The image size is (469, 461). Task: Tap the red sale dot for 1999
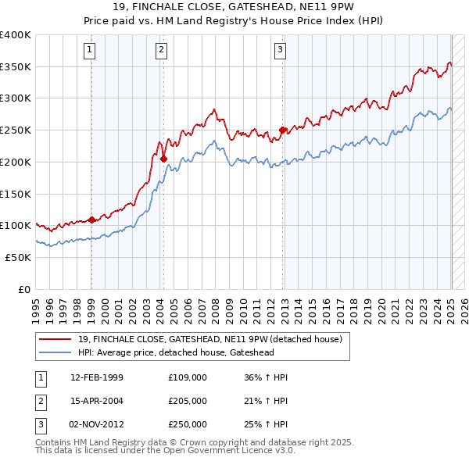coord(91,220)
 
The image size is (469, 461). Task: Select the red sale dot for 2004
coord(164,159)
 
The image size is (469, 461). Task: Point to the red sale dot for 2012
coord(283,130)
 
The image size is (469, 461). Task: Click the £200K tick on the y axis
coord(16,162)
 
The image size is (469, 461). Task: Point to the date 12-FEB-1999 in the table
coord(97,377)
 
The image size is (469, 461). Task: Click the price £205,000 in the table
coord(187,401)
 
